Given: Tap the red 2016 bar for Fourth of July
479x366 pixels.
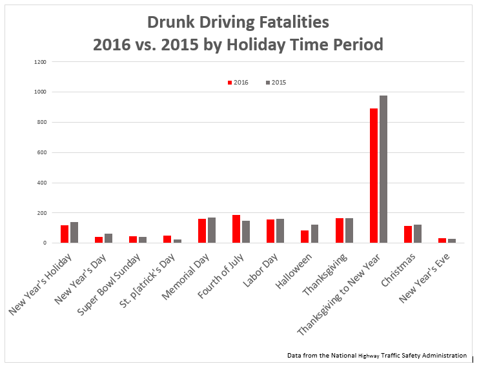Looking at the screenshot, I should point(236,229).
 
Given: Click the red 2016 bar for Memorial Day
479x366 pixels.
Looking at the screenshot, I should point(202,231).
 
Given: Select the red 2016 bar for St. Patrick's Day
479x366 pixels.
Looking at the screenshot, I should point(168,239).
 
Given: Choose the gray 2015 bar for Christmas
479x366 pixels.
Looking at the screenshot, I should point(418,234).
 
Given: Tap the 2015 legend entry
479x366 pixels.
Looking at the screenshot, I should point(276,83).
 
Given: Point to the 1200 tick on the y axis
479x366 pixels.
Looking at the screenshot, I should point(41,62).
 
